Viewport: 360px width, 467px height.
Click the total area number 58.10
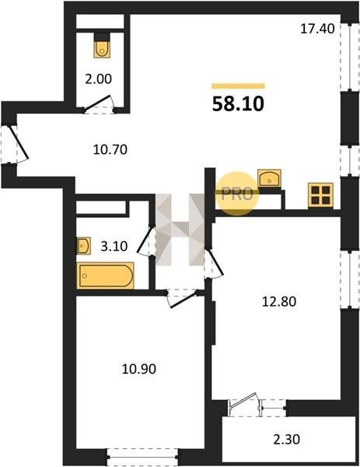point(238,104)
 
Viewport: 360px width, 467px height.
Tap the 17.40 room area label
point(317,29)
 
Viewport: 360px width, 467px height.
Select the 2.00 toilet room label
point(99,79)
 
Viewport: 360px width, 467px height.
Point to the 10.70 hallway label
point(110,149)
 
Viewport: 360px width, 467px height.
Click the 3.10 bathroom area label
point(114,246)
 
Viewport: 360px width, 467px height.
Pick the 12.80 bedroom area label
point(279,302)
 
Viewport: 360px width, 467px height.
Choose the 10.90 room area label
point(139,369)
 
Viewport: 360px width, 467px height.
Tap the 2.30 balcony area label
point(287,439)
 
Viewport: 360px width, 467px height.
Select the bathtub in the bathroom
point(105,276)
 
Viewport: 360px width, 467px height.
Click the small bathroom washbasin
point(84,246)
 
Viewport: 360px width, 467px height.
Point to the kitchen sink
point(269,178)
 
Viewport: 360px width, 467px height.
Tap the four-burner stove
point(320,195)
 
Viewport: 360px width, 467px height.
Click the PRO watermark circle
point(237,194)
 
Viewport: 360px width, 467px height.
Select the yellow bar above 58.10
point(238,86)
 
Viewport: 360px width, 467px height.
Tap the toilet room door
point(99,104)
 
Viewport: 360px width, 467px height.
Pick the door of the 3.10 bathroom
point(146,241)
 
